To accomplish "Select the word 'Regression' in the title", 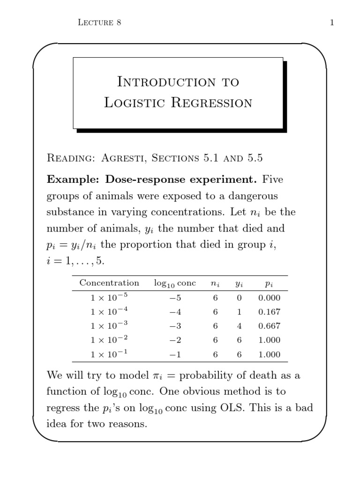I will click(x=211, y=103).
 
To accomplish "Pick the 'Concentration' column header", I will click(x=109, y=283).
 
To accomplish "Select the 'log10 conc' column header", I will click(x=175, y=284).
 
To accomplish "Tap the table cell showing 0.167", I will click(x=269, y=312).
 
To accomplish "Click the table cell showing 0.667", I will click(x=269, y=326).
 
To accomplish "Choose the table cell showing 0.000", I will click(x=269, y=298).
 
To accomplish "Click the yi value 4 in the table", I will click(x=239, y=326).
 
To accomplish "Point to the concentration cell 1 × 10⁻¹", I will click(x=109, y=354).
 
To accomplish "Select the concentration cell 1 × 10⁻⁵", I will click(x=109, y=297).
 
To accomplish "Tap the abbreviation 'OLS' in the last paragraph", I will click(x=232, y=407).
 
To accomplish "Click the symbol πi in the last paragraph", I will click(x=157, y=376).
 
